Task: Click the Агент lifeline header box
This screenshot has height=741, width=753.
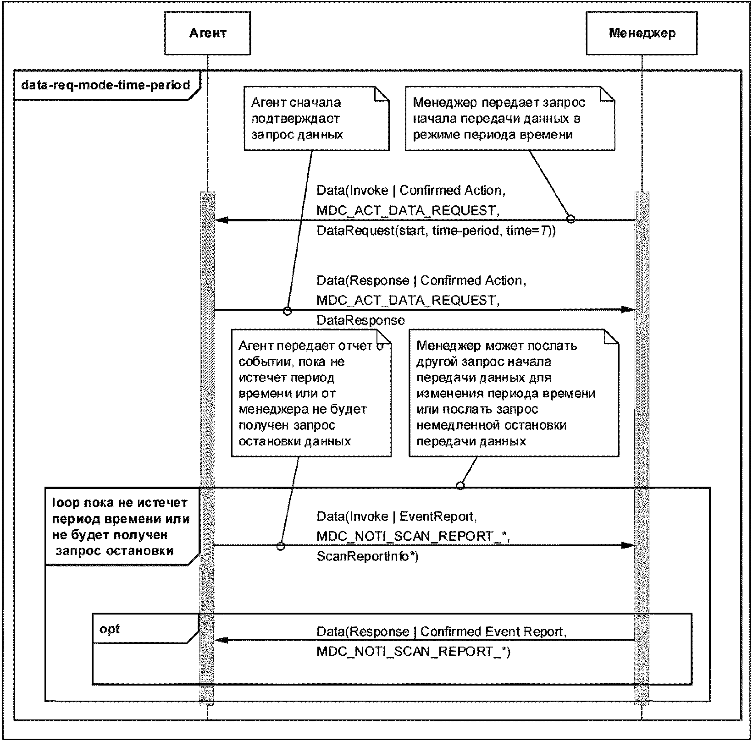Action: click(208, 33)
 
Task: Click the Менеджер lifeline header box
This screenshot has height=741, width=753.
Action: click(642, 33)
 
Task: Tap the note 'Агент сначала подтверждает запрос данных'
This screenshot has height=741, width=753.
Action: click(316, 118)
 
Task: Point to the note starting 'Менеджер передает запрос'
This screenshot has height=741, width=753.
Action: click(510, 118)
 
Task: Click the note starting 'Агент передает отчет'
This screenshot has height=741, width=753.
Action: click(311, 393)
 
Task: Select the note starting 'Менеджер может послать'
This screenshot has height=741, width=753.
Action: click(514, 393)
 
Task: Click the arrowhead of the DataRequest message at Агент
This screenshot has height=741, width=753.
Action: click(221, 220)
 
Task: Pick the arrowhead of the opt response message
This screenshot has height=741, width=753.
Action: click(221, 640)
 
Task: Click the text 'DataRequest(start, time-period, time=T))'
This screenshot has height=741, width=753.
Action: click(436, 231)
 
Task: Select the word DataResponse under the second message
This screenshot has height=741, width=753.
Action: click(361, 320)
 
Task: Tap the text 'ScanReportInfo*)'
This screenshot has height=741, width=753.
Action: click(368, 556)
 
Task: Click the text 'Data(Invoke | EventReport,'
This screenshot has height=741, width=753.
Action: click(397, 516)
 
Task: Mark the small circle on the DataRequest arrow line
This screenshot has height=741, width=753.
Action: click(571, 219)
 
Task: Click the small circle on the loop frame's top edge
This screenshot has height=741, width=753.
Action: click(460, 485)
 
